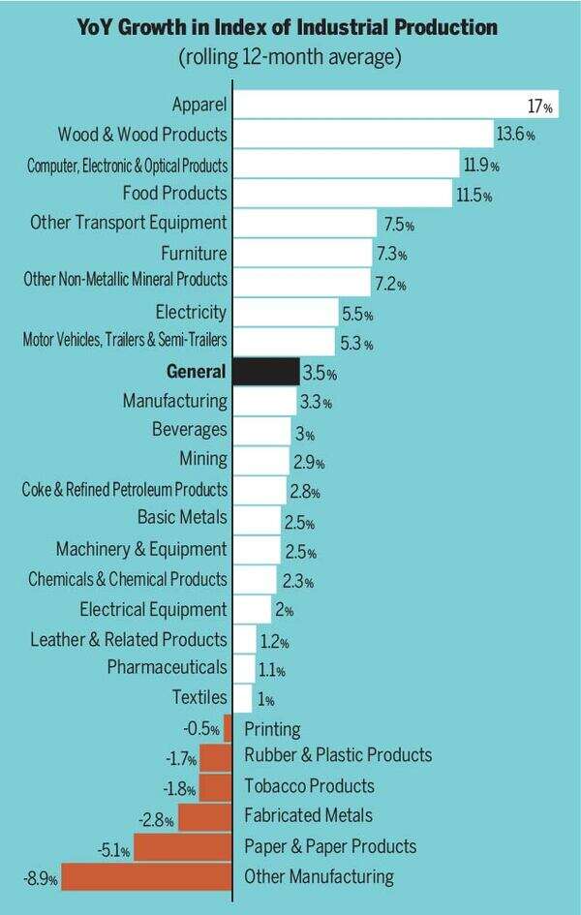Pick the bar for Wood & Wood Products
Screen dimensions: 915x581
[363, 134]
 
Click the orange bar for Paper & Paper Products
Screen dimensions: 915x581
[184, 847]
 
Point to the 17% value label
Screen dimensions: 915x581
[540, 107]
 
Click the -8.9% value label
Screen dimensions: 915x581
[40, 880]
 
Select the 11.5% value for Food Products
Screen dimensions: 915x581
[474, 196]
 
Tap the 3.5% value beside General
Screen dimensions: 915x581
[320, 374]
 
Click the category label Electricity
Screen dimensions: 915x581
[191, 312]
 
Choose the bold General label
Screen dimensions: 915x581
[197, 372]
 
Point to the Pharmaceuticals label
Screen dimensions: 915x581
[168, 667]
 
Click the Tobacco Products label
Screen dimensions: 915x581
[309, 785]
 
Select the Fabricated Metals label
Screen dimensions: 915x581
[308, 816]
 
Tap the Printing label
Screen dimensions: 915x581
[272, 729]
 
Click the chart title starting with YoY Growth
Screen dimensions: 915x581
[289, 28]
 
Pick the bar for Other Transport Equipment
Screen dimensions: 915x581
[305, 223]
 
